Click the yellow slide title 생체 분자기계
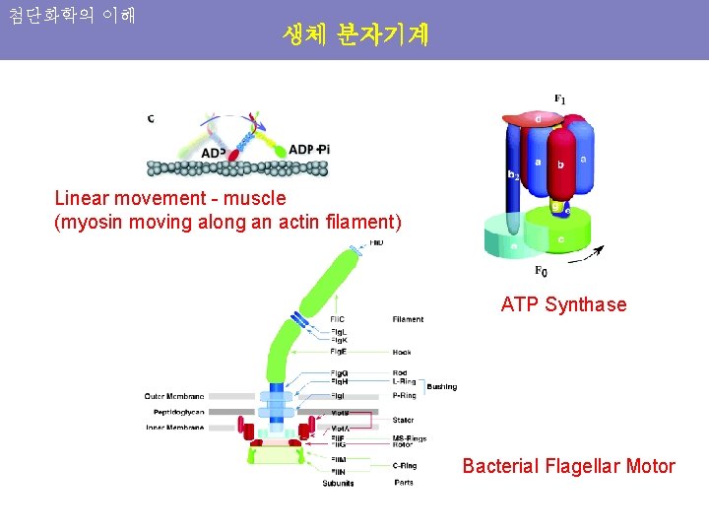354,35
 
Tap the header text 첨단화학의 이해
72,17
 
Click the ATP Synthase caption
563,304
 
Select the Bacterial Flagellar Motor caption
568,466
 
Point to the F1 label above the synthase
559,99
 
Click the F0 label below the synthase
542,271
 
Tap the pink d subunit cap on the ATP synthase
537,119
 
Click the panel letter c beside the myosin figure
151,119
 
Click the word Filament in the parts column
408,319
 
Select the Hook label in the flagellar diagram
402,352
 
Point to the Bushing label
442,387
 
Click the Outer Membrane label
176,396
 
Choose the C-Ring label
405,466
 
